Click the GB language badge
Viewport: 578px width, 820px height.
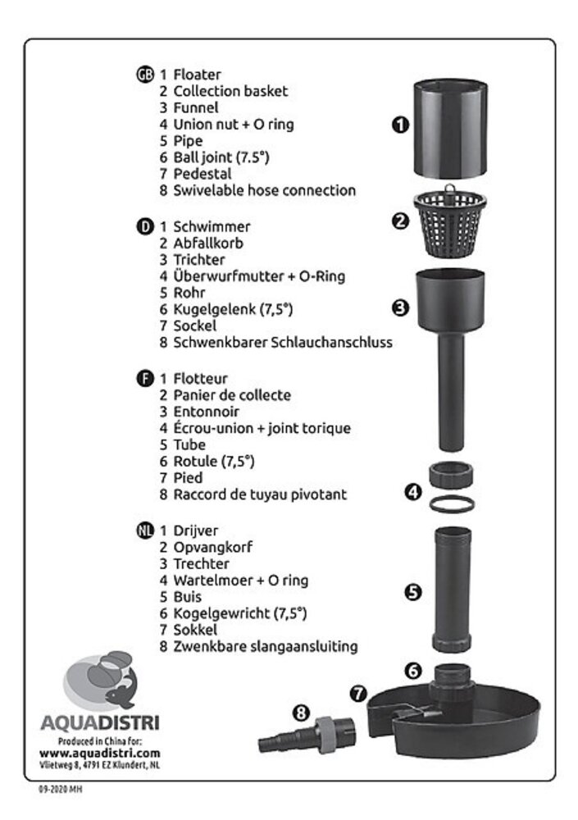[145, 75]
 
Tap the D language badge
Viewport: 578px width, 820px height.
[145, 227]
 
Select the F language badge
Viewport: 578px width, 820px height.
[145, 379]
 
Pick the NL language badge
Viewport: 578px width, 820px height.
[145, 531]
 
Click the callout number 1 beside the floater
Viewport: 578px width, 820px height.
[400, 125]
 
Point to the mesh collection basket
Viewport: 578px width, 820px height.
[450, 221]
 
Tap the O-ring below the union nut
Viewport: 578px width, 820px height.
[452, 504]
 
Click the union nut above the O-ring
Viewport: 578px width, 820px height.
[451, 475]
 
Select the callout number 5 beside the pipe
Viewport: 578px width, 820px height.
[413, 592]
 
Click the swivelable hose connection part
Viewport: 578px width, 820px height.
[307, 735]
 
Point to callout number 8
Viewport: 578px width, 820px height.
[301, 713]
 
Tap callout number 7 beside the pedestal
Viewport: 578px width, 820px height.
[358, 694]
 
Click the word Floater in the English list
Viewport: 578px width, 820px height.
[198, 75]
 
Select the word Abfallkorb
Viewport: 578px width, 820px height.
[208, 244]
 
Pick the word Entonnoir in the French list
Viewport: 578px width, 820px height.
[206, 412]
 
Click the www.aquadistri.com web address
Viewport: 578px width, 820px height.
[99, 754]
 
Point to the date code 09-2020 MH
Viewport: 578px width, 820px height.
[60, 789]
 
